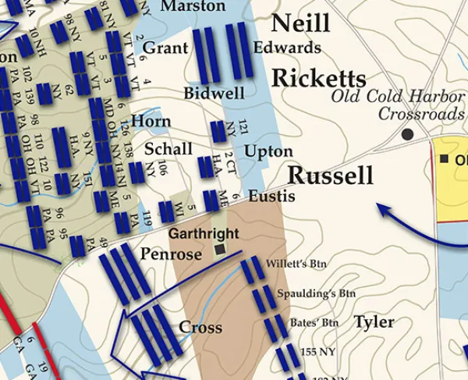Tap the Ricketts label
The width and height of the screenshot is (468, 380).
tap(318, 78)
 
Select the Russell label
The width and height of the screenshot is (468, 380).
tap(331, 176)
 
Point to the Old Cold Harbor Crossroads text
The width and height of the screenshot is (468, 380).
tap(397, 105)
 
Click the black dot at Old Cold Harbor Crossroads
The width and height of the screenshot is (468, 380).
tap(407, 134)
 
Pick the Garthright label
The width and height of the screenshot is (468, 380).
tap(202, 233)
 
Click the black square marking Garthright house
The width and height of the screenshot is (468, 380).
tap(220, 250)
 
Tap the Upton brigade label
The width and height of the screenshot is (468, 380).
tap(268, 151)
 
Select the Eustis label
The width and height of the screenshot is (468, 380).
tap(271, 197)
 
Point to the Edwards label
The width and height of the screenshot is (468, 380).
tap(287, 48)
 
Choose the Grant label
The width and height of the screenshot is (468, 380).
tap(165, 48)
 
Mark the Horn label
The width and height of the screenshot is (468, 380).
tap(151, 121)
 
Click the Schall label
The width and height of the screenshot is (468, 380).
tap(168, 149)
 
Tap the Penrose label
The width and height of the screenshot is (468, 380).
tap(166, 254)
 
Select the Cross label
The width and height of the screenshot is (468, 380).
tap(201, 327)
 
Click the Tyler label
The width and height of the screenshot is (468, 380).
tap(374, 321)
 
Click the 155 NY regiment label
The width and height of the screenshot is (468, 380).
tap(317, 352)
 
